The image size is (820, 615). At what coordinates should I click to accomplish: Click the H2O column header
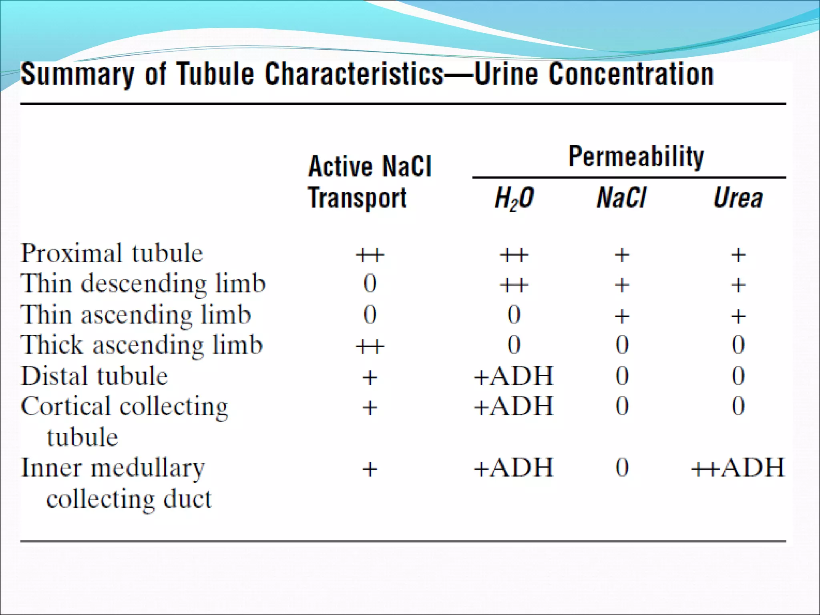click(514, 199)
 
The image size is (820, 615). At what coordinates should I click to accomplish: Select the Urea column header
click(738, 198)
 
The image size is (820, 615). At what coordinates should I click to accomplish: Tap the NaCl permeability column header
click(621, 198)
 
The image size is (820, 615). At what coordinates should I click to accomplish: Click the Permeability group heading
click(636, 157)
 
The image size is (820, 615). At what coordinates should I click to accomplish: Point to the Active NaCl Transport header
click(369, 182)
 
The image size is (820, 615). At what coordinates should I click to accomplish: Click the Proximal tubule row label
click(112, 253)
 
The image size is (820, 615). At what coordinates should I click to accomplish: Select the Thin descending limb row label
click(143, 284)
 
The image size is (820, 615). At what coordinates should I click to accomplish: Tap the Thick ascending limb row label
click(142, 345)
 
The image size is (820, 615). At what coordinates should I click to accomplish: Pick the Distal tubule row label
click(94, 376)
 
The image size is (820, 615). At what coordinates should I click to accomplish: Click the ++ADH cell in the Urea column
click(738, 468)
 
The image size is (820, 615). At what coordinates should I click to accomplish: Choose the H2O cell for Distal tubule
click(514, 376)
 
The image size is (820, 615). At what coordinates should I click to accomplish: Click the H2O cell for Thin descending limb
click(514, 285)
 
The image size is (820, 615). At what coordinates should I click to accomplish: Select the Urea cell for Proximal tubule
click(738, 255)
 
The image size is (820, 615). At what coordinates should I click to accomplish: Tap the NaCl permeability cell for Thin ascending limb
click(622, 316)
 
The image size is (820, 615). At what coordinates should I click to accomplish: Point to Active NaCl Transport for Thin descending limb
click(370, 284)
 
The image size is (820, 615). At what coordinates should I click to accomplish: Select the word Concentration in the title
click(631, 74)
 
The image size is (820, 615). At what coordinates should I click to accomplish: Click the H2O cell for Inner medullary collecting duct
click(514, 468)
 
